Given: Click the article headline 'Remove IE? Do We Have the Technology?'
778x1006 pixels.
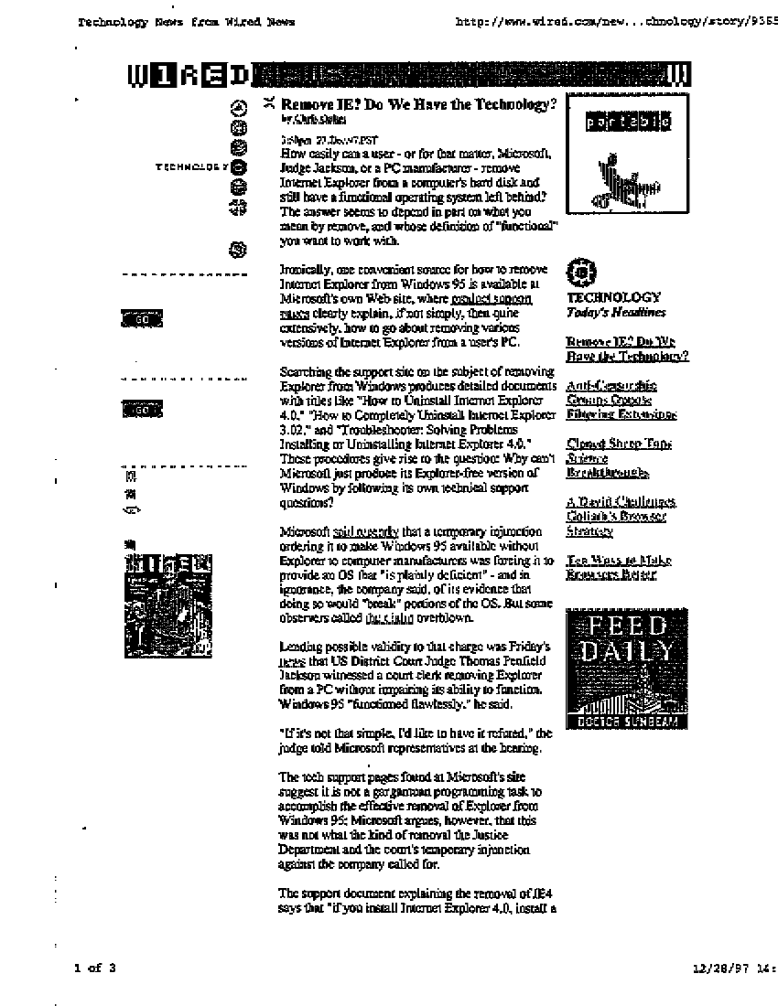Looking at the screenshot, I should click(x=418, y=104).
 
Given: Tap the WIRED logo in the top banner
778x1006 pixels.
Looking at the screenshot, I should click(x=189, y=74).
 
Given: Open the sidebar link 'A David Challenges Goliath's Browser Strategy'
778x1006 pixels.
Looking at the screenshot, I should click(x=620, y=516).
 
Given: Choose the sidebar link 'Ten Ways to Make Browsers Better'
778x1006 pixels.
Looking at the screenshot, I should click(x=618, y=567).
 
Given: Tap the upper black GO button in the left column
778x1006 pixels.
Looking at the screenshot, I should click(x=142, y=318).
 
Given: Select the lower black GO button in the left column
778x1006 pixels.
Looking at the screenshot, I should click(x=142, y=409).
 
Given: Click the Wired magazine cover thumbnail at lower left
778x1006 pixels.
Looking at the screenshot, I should click(x=168, y=604).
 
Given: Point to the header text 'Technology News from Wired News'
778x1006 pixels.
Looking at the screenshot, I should click(x=187, y=22).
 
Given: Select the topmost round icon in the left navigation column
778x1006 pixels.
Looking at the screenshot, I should click(x=238, y=106).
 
